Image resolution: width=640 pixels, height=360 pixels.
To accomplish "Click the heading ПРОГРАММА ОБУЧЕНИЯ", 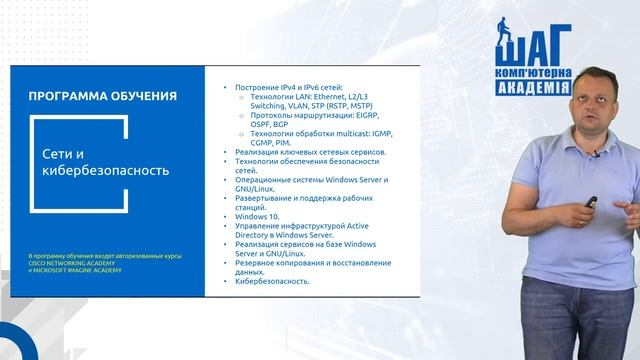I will pyautogui.click(x=104, y=97).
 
